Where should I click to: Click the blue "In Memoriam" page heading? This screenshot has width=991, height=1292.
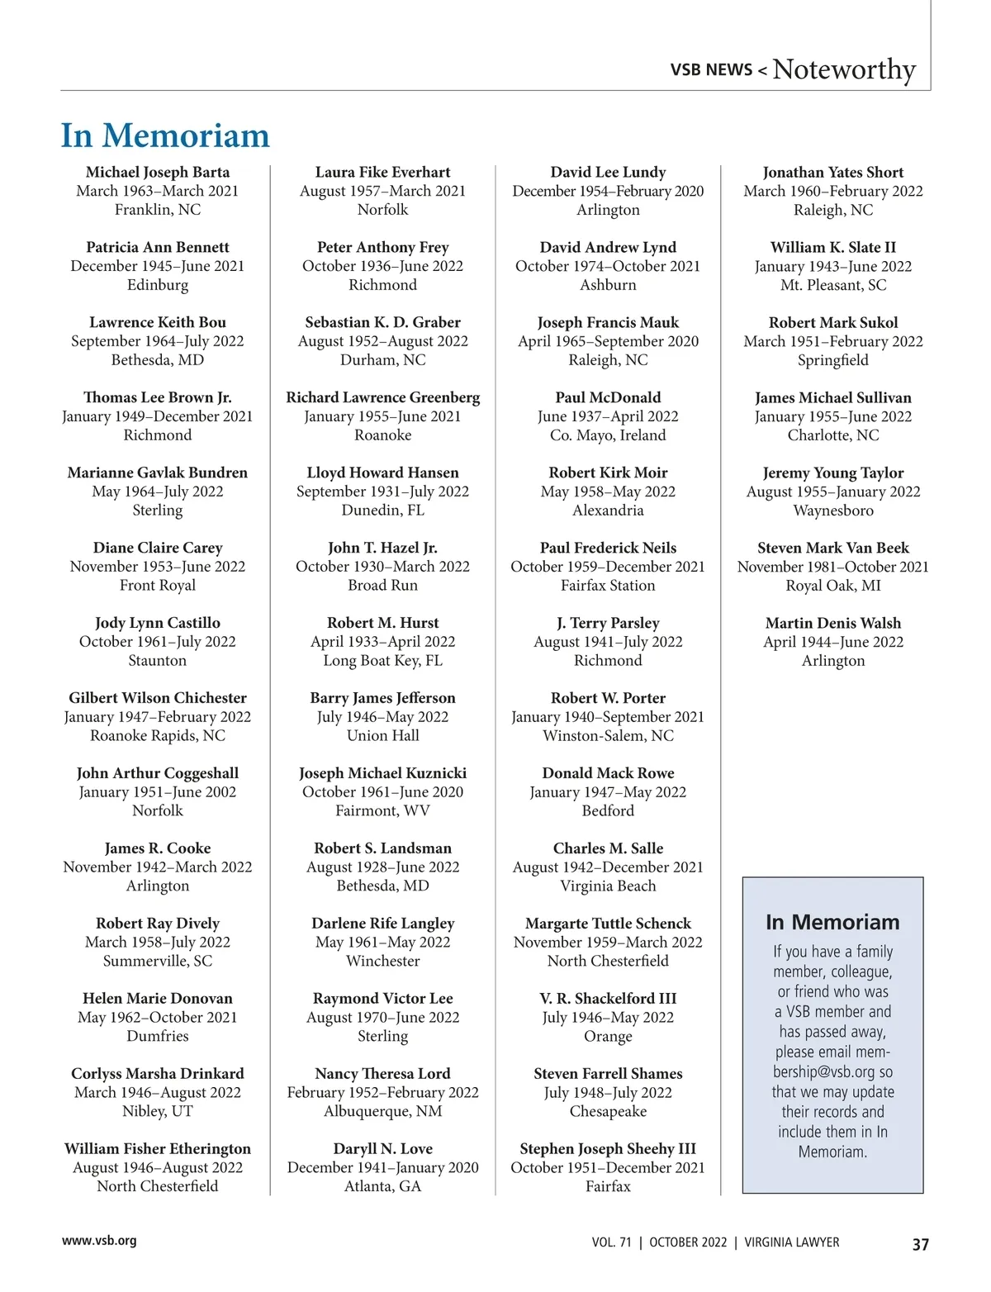pos(165,135)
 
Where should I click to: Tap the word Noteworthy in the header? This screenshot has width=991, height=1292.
pos(844,69)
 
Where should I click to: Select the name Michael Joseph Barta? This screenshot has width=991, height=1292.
pos(158,172)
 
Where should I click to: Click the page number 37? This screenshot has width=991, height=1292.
pos(920,1244)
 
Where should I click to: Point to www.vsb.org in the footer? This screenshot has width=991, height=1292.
pos(99,1240)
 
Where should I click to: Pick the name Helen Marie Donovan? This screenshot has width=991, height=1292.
pos(158,998)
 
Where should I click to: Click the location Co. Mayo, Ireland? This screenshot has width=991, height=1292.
pos(608,435)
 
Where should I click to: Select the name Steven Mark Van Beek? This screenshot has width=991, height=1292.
pos(832,548)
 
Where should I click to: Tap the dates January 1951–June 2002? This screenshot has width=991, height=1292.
pos(158,791)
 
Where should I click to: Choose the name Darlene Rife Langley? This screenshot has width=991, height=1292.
pos(382,923)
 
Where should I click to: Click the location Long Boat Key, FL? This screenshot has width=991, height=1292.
pos(382,660)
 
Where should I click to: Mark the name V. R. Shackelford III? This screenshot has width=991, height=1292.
pos(608,998)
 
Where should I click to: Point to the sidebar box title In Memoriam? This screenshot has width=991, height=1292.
pos(832,922)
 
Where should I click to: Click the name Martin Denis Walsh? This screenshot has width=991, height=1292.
pos(832,623)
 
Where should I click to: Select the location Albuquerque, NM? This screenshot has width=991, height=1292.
pos(382,1111)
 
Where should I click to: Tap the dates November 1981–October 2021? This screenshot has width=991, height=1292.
pos(832,567)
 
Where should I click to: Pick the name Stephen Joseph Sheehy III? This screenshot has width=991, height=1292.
pos(608,1148)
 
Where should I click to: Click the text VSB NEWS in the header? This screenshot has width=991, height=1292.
pos(711,70)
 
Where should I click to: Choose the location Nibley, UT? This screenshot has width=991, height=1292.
pos(158,1111)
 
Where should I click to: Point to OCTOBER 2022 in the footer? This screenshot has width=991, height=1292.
pos(688,1242)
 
